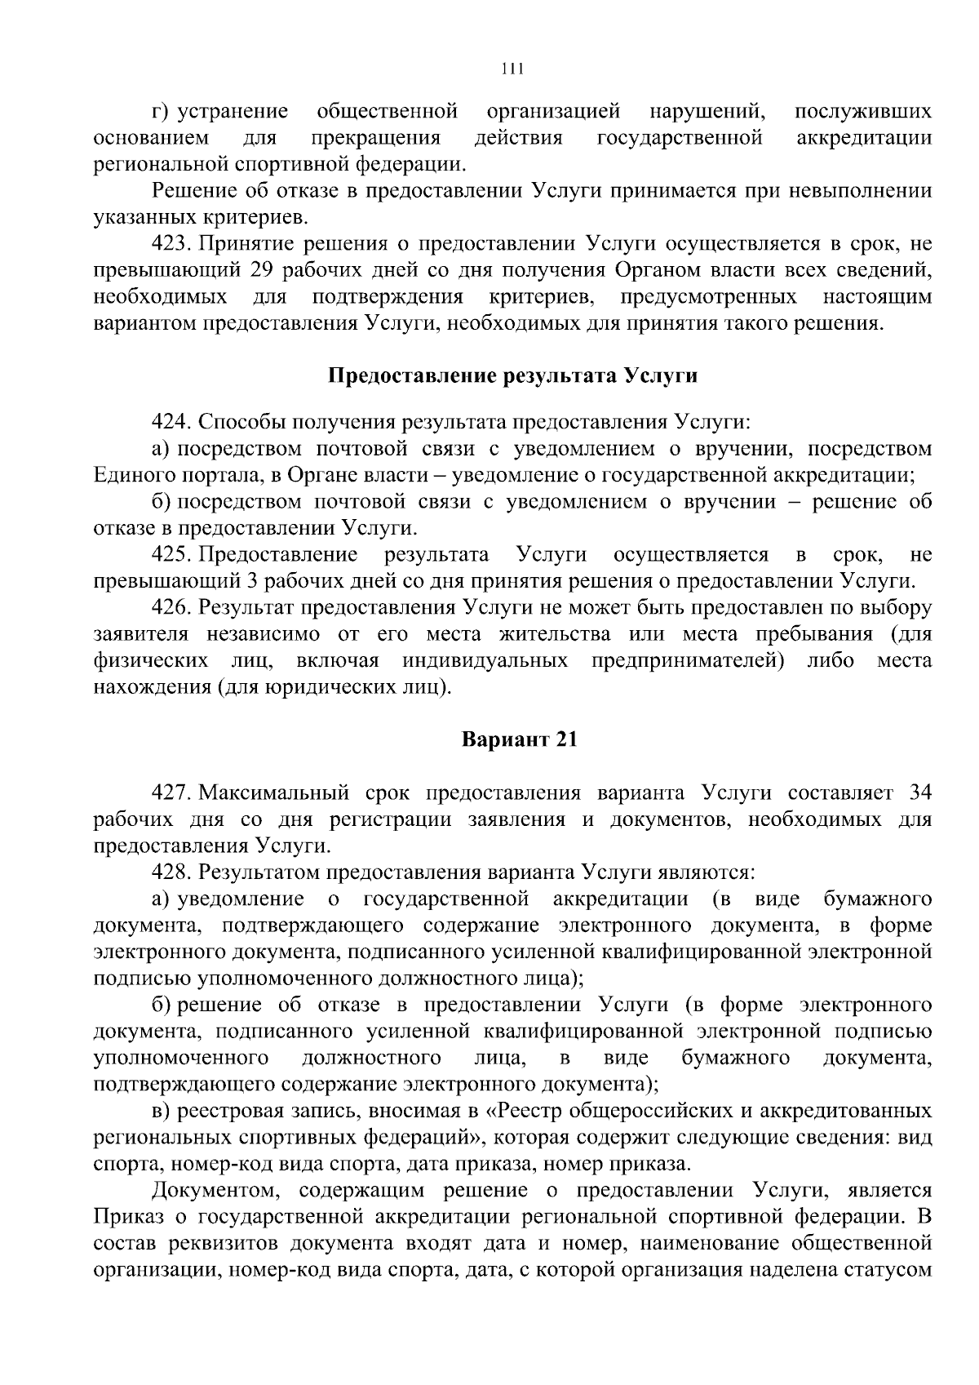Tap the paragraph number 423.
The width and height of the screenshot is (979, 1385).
(171, 244)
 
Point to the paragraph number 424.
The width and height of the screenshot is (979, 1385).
(171, 422)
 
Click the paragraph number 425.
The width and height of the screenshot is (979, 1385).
(171, 555)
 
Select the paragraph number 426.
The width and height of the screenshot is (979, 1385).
(171, 608)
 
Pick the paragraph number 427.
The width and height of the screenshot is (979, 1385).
(171, 792)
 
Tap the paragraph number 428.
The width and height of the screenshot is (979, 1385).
(171, 872)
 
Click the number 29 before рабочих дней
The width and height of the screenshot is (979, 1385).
(255, 270)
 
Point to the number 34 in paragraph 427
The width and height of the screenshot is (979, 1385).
(919, 792)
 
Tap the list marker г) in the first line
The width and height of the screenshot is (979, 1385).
(160, 111)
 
